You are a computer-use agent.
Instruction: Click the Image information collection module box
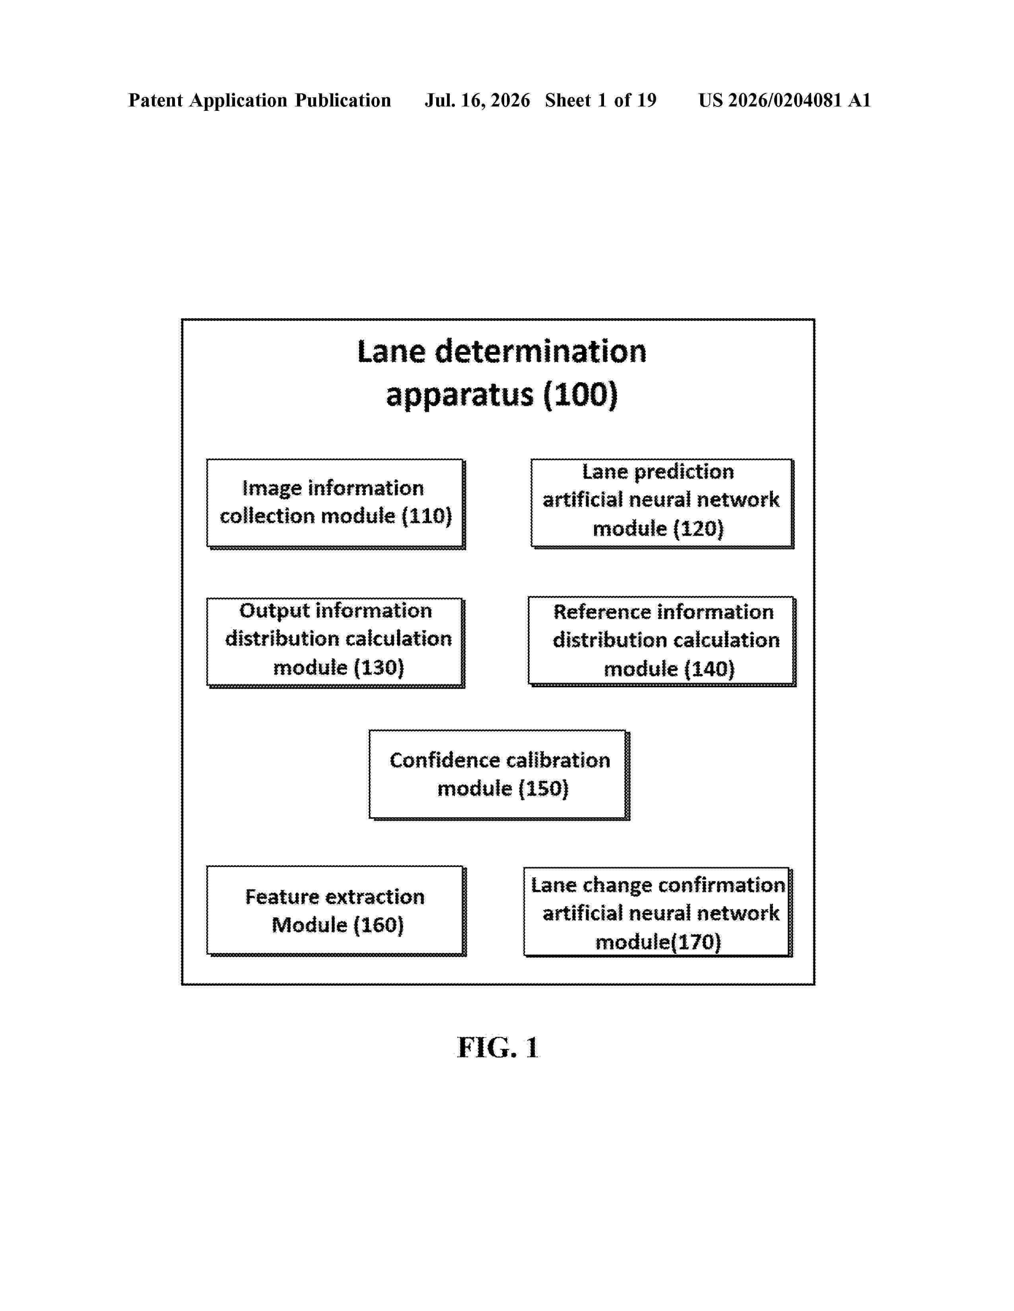point(336,504)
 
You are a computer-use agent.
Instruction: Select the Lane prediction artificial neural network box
point(662,504)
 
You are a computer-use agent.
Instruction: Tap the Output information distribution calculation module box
point(336,642)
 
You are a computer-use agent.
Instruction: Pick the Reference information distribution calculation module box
point(662,641)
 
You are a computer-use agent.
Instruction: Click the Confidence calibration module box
point(499,775)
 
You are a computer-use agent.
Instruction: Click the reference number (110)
point(427,516)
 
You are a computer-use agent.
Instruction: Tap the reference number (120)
point(699,529)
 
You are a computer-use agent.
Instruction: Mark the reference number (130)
point(379,667)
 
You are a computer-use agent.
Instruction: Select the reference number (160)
point(379,925)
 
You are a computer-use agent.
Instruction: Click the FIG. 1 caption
point(498,1048)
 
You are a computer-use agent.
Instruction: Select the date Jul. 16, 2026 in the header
point(478,100)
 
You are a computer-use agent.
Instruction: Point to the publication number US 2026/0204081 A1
point(785,100)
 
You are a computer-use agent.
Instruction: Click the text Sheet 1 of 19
point(601,100)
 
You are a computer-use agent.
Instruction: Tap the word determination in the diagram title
point(541,351)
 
